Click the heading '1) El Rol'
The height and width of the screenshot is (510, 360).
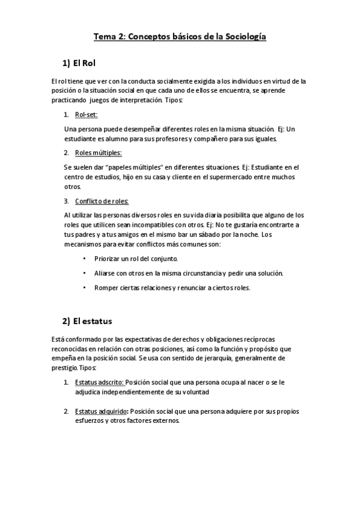79,63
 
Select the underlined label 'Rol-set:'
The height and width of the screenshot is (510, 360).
87,114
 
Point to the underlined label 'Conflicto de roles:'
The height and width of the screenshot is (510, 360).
102,200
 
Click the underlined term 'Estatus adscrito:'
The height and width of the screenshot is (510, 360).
99,382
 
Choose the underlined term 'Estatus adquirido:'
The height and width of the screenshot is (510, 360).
102,411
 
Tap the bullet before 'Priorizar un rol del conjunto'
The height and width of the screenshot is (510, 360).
84,259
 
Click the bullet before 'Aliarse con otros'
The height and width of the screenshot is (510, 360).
84,273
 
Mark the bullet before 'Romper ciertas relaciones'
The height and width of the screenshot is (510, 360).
84,287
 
